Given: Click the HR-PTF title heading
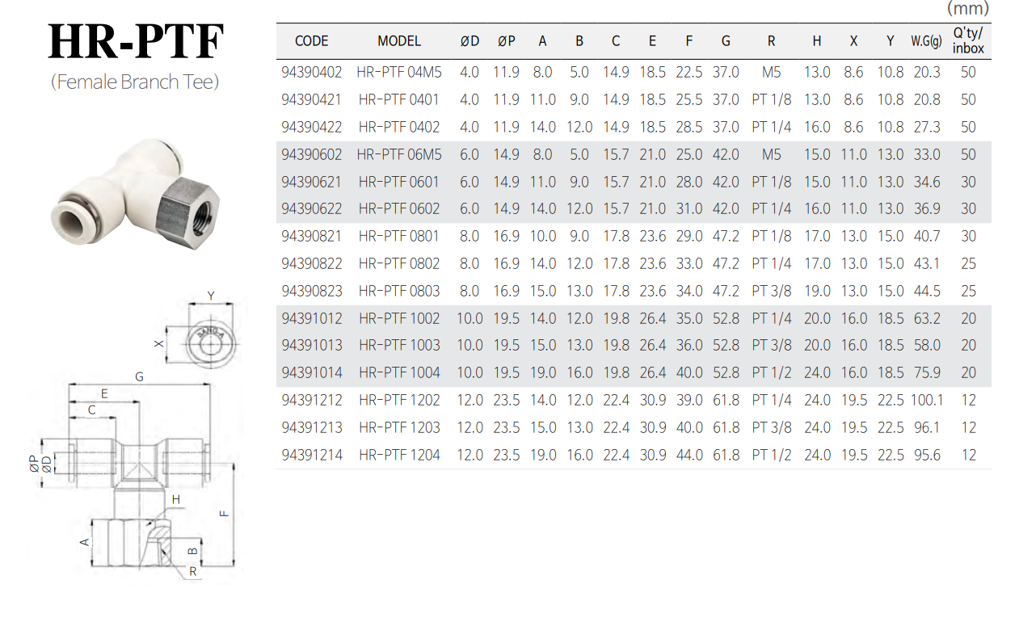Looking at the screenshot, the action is click(x=136, y=41).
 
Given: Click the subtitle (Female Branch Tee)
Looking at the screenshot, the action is click(x=135, y=82).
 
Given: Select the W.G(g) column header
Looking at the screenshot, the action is click(x=926, y=41).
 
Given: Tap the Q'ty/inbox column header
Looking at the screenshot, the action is click(x=968, y=40).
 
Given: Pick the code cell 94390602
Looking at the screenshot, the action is click(x=312, y=154).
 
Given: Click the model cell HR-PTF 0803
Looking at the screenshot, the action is click(x=399, y=291).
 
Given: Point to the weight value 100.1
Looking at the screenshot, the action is click(x=927, y=400).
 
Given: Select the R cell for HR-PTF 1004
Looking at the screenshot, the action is click(x=772, y=373).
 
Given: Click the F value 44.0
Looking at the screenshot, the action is click(x=689, y=455).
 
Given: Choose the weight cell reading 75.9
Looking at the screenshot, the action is click(x=927, y=373).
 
